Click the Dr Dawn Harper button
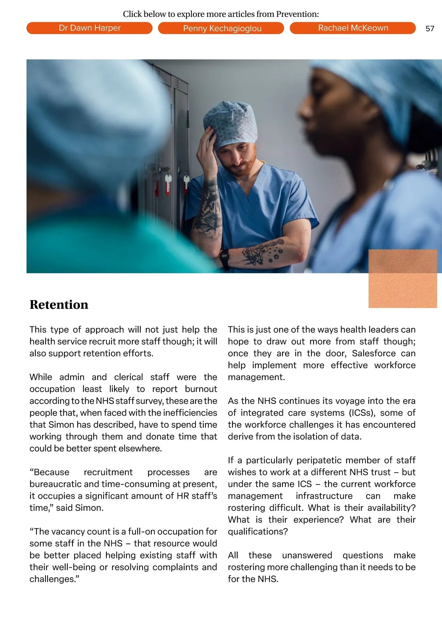[x=90, y=28]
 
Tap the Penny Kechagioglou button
[x=222, y=28]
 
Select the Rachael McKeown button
[x=353, y=28]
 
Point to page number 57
[x=429, y=29]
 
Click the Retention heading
[x=59, y=305]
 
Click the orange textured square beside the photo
[x=403, y=279]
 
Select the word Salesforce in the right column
[x=373, y=353]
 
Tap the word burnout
[x=201, y=389]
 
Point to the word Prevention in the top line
[x=297, y=14]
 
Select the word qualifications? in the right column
[x=258, y=532]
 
